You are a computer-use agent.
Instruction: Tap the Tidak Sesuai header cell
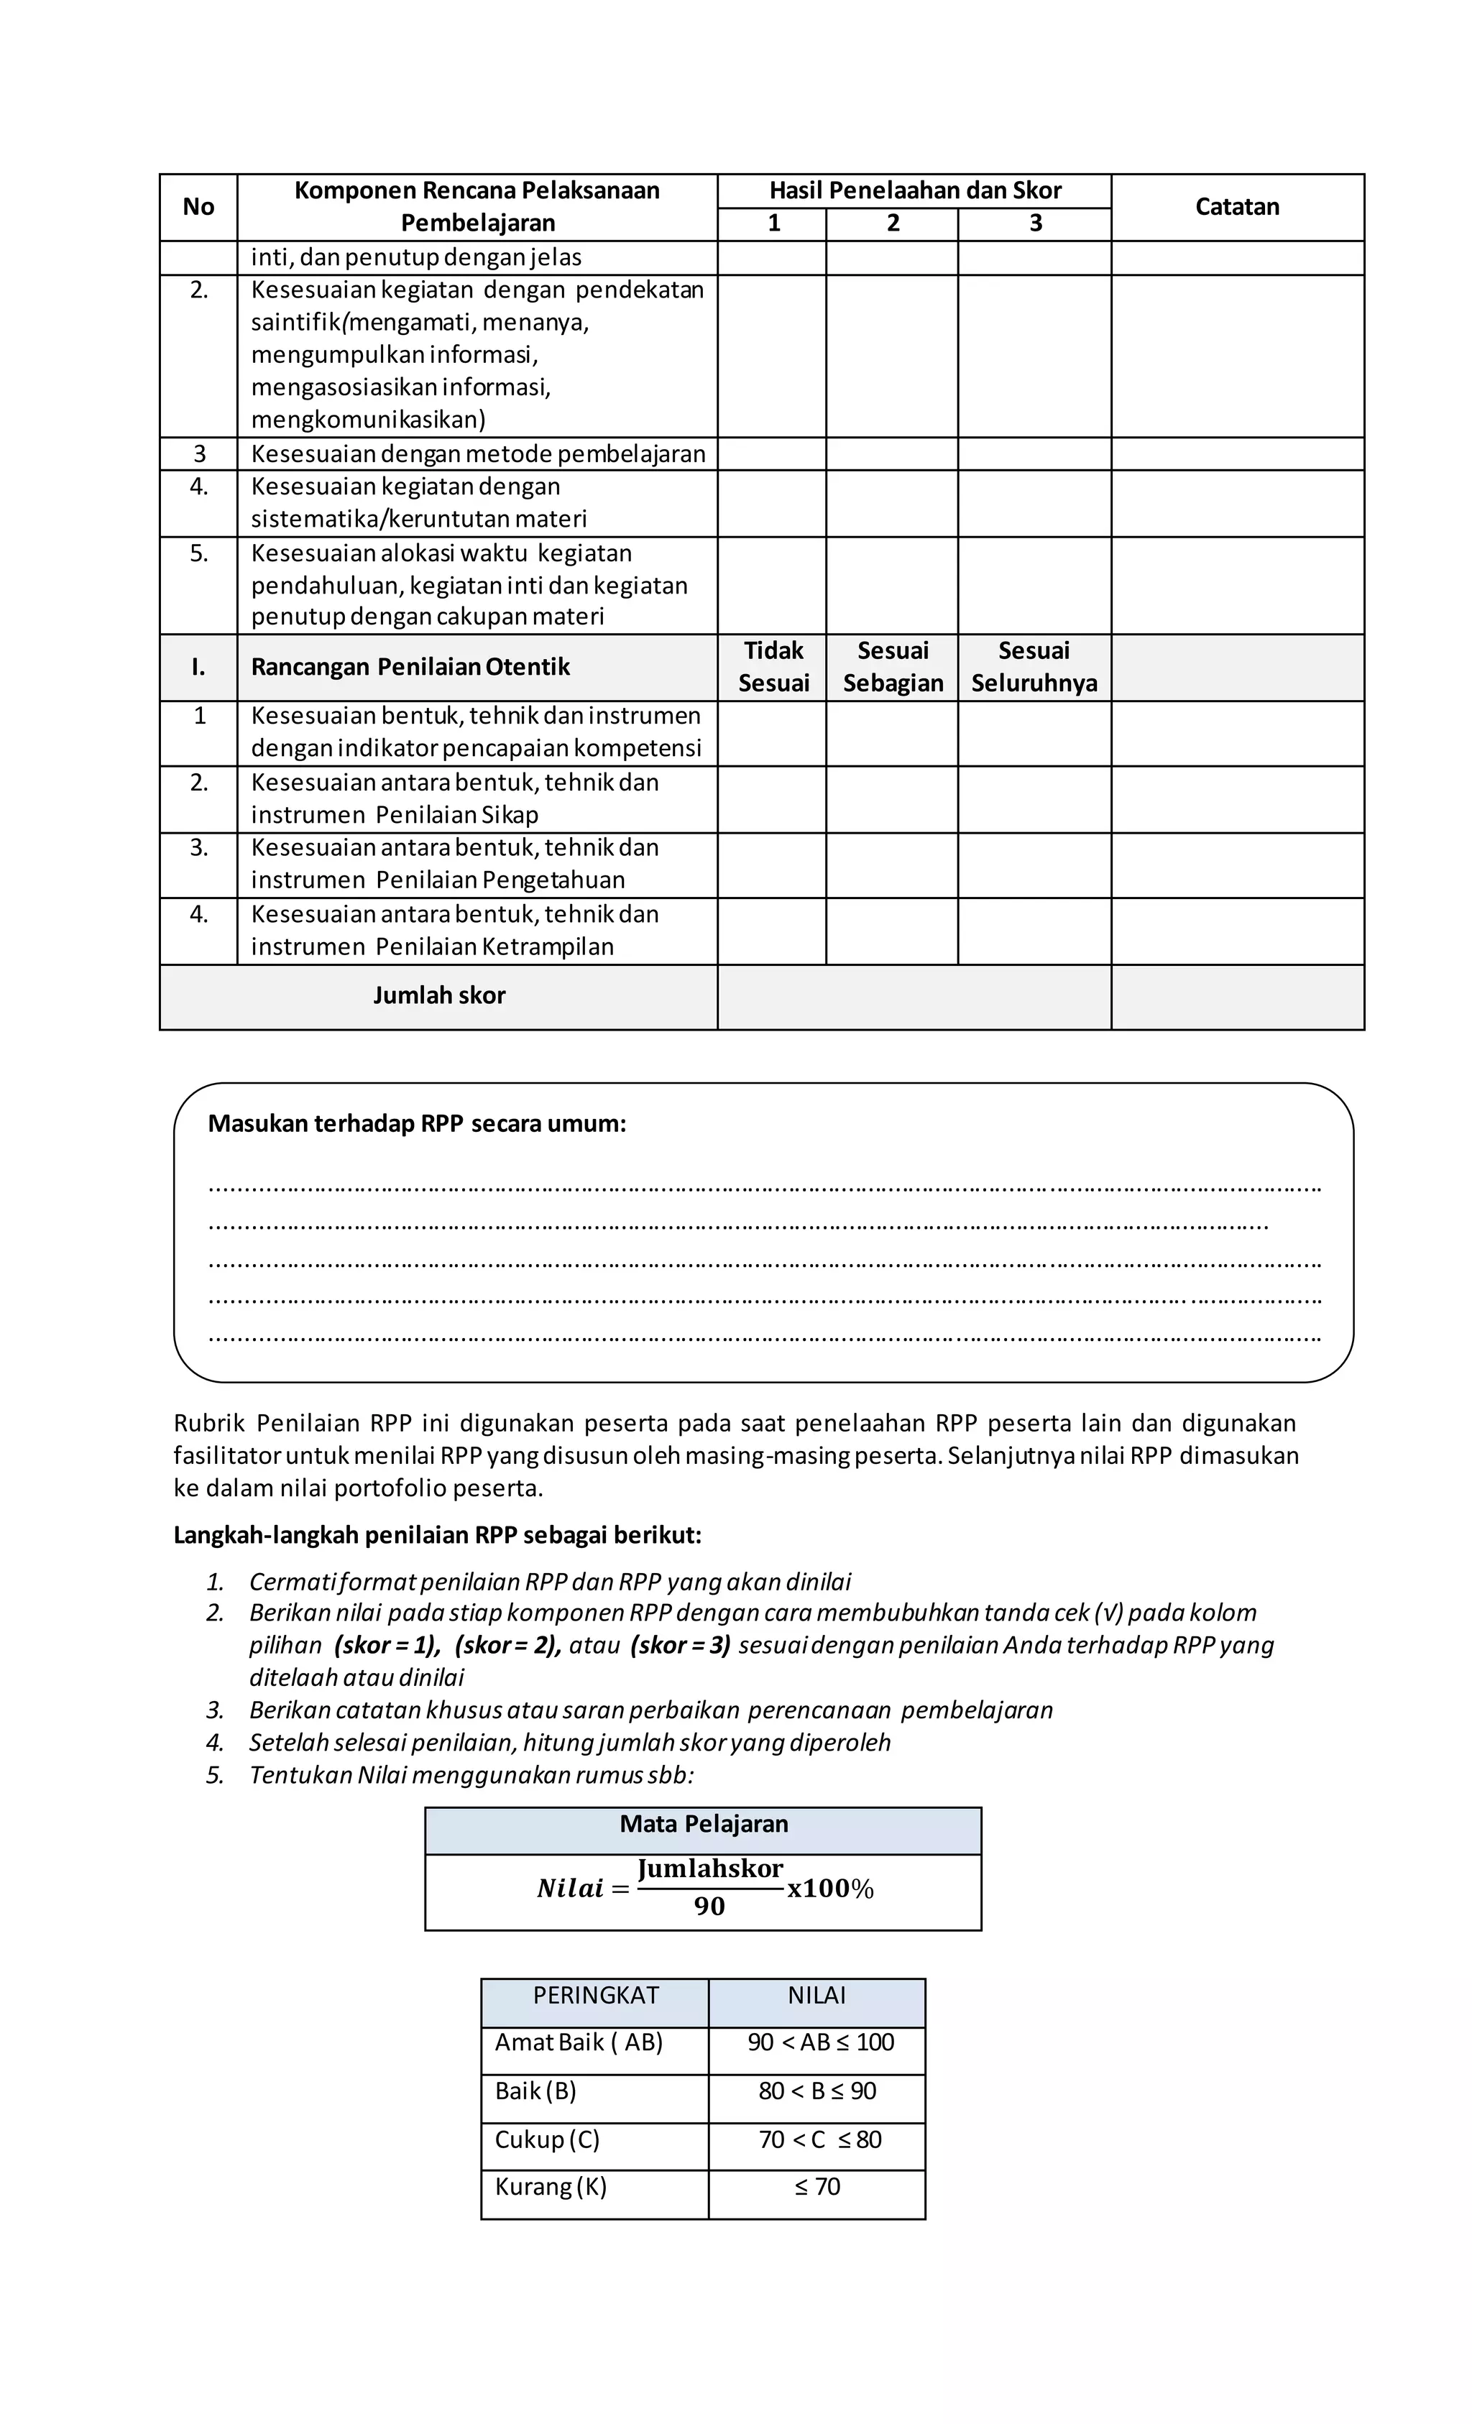tap(773, 666)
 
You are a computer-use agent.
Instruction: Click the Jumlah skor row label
tap(439, 995)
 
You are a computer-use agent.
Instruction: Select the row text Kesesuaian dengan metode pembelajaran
tap(477, 453)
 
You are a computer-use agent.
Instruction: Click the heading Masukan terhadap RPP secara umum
tap(416, 1123)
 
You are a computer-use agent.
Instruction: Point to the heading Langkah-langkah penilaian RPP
tap(437, 1535)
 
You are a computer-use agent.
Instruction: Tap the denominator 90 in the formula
tap(709, 1907)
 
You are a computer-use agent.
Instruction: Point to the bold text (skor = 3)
tap(680, 1645)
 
